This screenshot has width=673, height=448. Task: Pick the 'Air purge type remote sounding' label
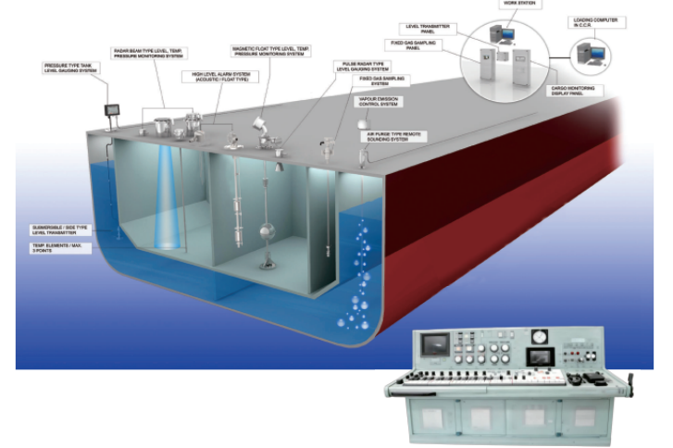point(395,136)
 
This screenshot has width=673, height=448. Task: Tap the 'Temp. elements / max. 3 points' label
point(52,249)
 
